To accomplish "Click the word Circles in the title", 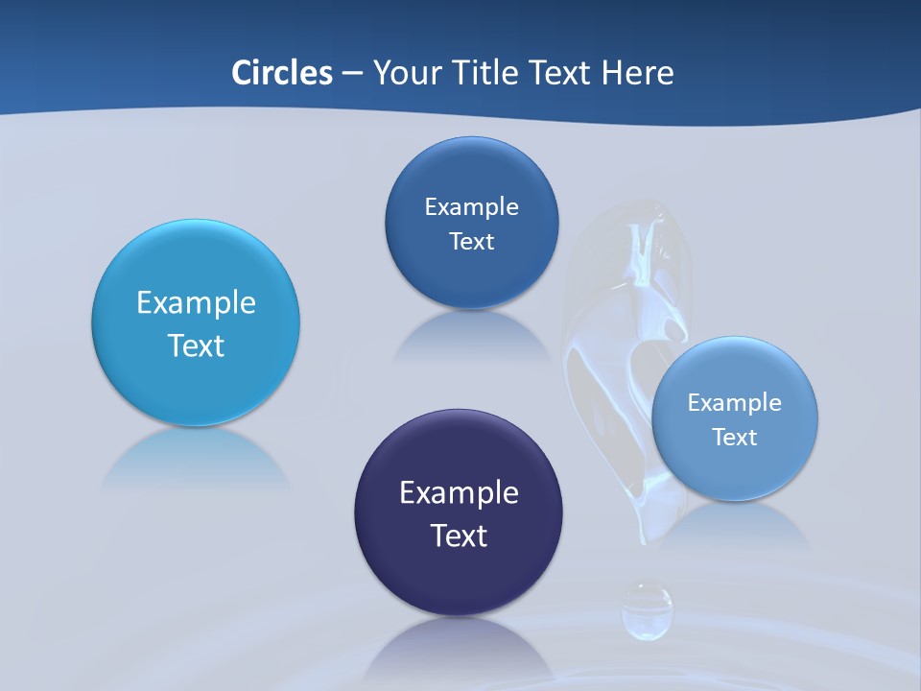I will pyautogui.click(x=281, y=73).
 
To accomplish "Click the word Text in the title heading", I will pyautogui.click(x=559, y=73).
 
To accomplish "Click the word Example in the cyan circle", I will pyautogui.click(x=196, y=303).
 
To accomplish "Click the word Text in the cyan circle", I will pyautogui.click(x=196, y=345).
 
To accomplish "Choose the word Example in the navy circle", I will pyautogui.click(x=459, y=493).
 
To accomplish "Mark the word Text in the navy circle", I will pyautogui.click(x=459, y=536).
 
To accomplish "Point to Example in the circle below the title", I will pyautogui.click(x=471, y=207).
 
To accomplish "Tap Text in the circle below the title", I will pyautogui.click(x=471, y=241).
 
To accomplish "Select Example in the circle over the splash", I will pyautogui.click(x=735, y=403).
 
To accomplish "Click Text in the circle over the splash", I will pyautogui.click(x=735, y=438).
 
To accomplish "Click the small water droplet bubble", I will pyautogui.click(x=647, y=609).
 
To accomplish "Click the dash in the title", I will pyautogui.click(x=351, y=74).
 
